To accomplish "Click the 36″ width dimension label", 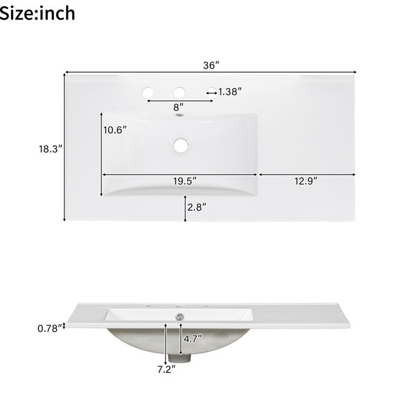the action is [x=211, y=65].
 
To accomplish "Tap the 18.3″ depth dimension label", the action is [x=51, y=149].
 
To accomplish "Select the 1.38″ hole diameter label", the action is [x=229, y=92].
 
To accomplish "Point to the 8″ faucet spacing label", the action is [x=178, y=107].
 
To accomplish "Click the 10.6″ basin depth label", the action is [x=115, y=130].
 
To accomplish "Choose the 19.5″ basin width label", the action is [x=185, y=181].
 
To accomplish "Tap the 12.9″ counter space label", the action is [x=306, y=181].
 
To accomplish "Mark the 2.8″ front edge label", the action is [x=197, y=207].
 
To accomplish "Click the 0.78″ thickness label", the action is [x=51, y=329].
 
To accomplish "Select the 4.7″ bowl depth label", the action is [x=193, y=339].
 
